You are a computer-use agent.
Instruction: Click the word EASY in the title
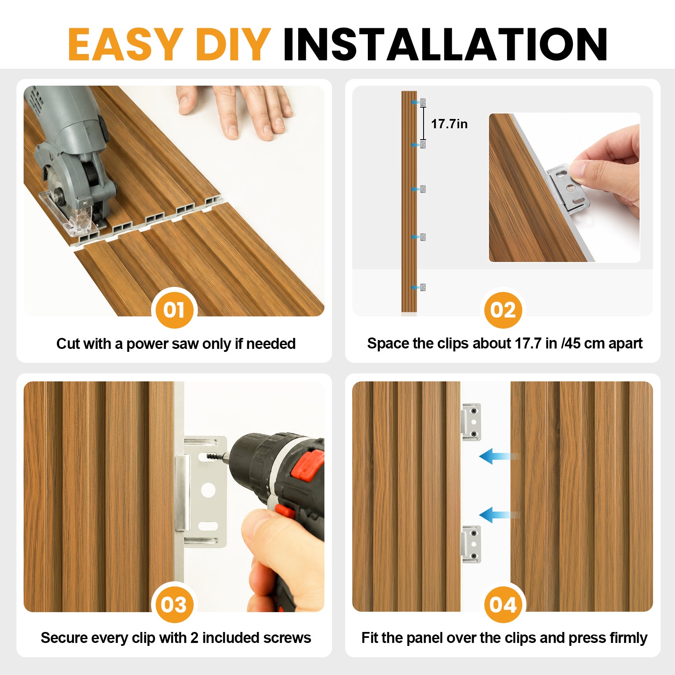(x=125, y=44)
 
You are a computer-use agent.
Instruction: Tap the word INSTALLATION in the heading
(x=445, y=44)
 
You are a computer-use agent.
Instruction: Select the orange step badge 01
(x=174, y=310)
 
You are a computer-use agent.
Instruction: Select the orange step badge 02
(x=503, y=310)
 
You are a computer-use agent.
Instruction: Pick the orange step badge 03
(x=174, y=605)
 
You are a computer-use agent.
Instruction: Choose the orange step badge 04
(x=503, y=605)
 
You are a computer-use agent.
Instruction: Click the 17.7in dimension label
(x=449, y=124)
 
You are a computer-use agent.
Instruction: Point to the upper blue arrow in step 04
(x=499, y=456)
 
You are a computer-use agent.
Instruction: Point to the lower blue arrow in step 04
(x=499, y=515)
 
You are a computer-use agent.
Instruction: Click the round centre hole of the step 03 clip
(x=208, y=490)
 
